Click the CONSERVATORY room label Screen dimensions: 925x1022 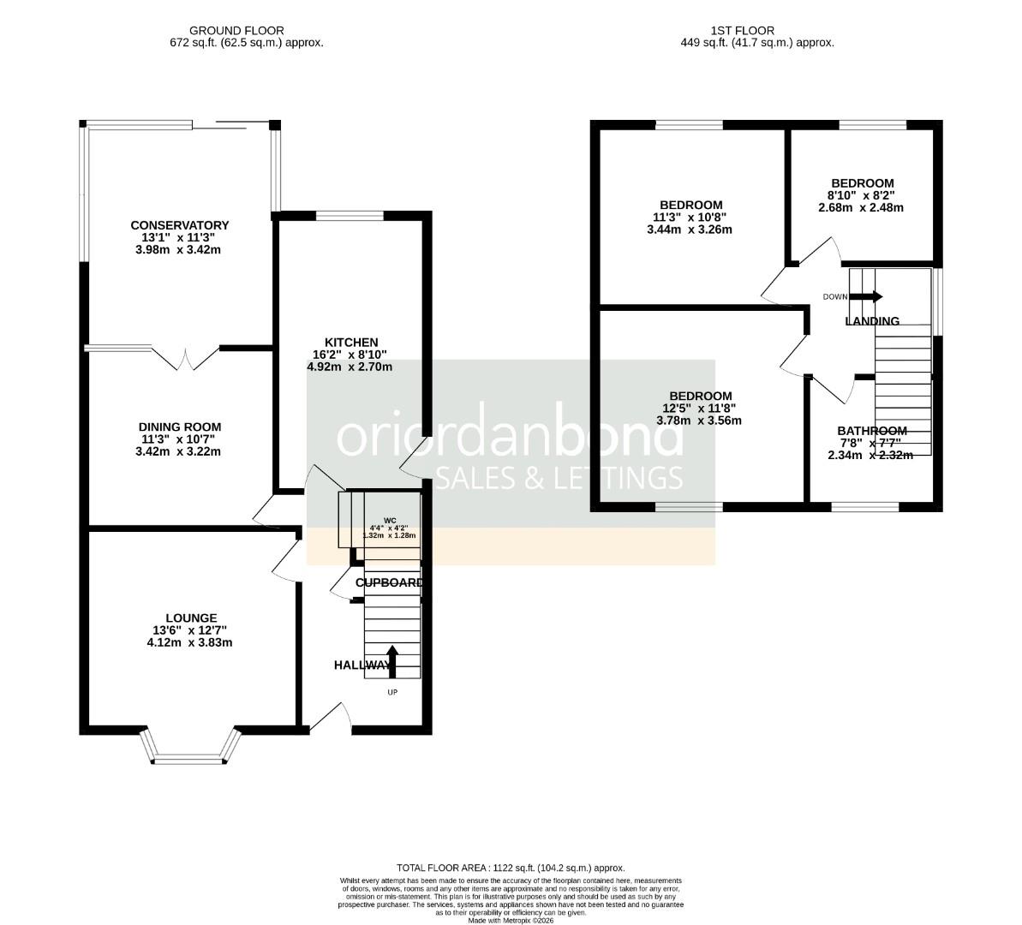click(x=180, y=225)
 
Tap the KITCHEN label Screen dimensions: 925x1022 click(x=350, y=343)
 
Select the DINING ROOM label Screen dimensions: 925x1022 click(x=180, y=427)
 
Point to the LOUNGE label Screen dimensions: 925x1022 click(x=191, y=618)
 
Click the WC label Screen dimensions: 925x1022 click(x=390, y=520)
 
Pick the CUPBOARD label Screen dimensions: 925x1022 click(x=389, y=582)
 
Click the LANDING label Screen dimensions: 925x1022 click(x=872, y=321)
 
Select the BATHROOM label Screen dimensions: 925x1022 click(x=871, y=431)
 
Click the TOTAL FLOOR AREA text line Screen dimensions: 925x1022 click(x=511, y=868)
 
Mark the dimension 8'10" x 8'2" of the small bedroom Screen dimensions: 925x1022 click(x=862, y=195)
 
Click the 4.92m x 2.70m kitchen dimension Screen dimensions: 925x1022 click(x=350, y=367)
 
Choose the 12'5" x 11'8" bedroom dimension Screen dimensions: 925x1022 click(x=700, y=408)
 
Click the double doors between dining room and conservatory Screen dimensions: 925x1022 click(x=188, y=358)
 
